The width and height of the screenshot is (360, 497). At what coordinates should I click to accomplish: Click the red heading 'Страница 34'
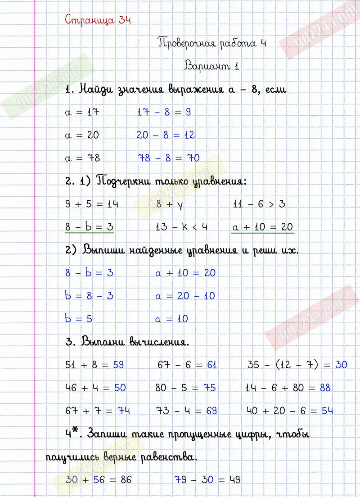click(x=98, y=20)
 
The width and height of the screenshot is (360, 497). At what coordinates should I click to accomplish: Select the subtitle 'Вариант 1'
click(x=211, y=66)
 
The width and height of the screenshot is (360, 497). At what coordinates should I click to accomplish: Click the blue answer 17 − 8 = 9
click(x=164, y=112)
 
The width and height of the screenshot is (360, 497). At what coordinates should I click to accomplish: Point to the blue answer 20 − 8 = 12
click(x=166, y=135)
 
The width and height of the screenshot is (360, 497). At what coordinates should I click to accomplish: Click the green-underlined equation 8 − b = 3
click(x=89, y=227)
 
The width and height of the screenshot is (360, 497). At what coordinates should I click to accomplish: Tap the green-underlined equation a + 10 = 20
click(x=262, y=227)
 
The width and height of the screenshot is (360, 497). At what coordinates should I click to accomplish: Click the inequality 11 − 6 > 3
click(x=259, y=204)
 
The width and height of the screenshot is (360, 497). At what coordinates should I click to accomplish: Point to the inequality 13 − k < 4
click(x=181, y=227)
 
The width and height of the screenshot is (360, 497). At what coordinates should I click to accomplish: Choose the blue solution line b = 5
click(x=79, y=319)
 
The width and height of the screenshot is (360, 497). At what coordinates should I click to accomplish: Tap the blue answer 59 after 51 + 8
click(x=118, y=365)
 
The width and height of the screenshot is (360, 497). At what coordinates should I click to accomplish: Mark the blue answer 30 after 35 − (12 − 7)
click(x=341, y=365)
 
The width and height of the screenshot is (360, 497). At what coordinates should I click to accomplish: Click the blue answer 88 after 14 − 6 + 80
click(x=325, y=388)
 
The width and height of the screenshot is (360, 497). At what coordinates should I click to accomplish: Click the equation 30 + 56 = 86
click(x=99, y=480)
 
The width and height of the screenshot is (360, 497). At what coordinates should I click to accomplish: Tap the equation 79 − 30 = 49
click(x=207, y=480)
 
